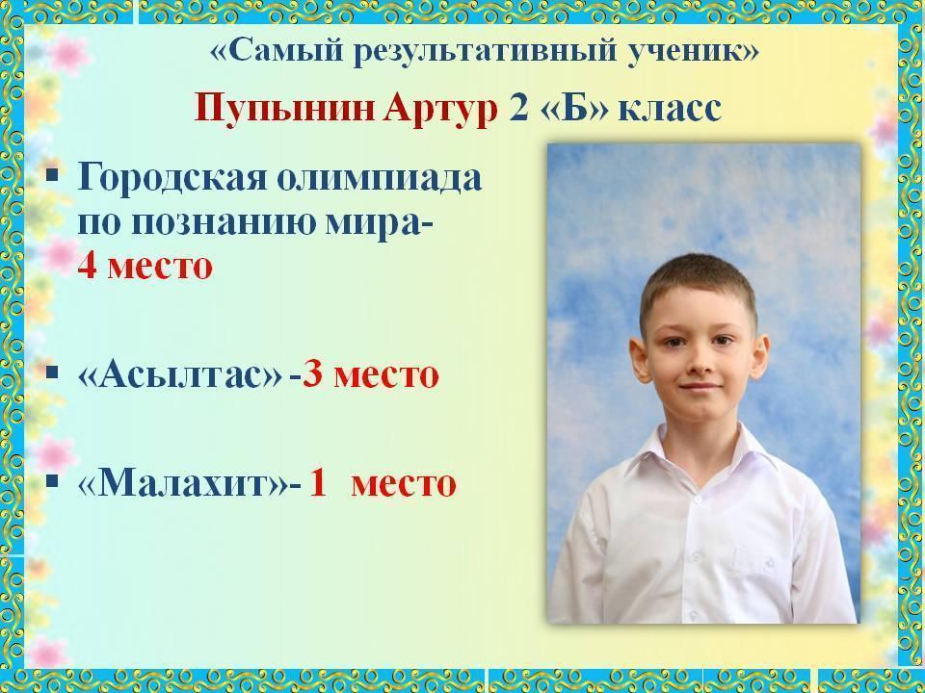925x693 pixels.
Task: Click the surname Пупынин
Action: (x=285, y=109)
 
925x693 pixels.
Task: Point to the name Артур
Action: (x=440, y=110)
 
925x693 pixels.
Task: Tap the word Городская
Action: (x=172, y=177)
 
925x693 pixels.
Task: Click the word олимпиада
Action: (x=380, y=178)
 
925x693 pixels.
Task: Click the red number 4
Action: (x=87, y=266)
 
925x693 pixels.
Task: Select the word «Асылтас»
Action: (x=180, y=374)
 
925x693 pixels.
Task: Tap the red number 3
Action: (x=312, y=374)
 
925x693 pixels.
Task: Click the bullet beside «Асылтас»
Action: (x=52, y=372)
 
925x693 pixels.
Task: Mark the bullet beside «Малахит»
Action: (x=52, y=481)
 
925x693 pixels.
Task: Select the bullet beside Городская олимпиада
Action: (x=52, y=175)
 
